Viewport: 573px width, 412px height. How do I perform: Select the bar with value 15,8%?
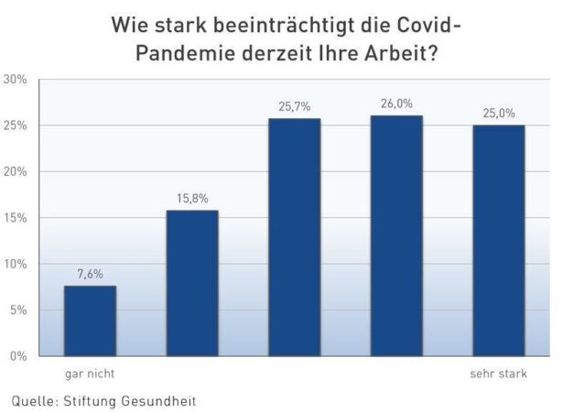(x=192, y=283)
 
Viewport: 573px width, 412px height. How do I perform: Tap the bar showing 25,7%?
(x=294, y=237)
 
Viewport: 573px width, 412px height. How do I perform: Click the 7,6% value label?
(x=90, y=273)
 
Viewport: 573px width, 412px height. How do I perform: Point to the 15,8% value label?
(x=192, y=198)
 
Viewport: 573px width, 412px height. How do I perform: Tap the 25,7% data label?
(x=294, y=106)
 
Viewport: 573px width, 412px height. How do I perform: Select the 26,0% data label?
(x=396, y=103)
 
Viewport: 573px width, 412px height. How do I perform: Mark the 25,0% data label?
(x=499, y=113)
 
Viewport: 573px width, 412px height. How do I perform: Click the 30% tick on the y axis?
(x=16, y=80)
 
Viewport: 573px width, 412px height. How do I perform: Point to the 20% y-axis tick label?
(x=16, y=172)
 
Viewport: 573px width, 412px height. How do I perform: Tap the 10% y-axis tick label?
(x=16, y=265)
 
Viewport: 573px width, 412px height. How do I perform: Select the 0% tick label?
(x=18, y=356)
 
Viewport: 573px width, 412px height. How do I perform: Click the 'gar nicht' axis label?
(x=89, y=374)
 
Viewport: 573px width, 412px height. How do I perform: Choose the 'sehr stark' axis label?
(x=499, y=374)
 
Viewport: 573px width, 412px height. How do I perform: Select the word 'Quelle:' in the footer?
(x=35, y=400)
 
